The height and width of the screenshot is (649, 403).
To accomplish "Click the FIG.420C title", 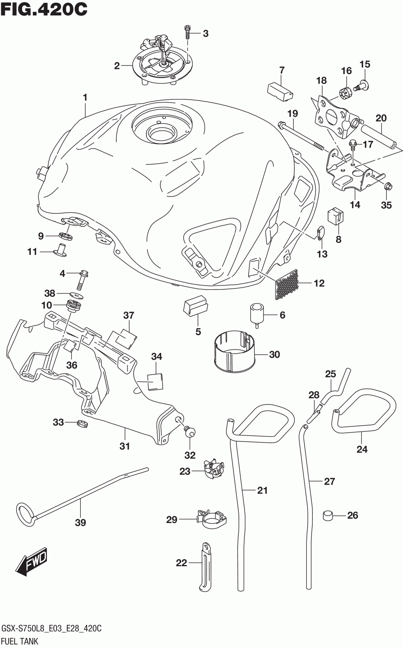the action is coord(44,10).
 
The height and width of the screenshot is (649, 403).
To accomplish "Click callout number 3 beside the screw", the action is coord(205,34).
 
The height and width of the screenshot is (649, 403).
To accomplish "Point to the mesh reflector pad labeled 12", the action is coord(286,284).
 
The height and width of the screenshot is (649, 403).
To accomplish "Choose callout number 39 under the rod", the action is coord(80,523).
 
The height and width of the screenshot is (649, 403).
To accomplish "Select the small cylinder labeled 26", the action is coord(328,515).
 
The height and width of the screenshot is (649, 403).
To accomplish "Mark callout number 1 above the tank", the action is coord(85,97).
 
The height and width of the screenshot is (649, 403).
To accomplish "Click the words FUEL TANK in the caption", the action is coord(20,641).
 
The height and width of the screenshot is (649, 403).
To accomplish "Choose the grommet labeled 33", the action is coord(83,424).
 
